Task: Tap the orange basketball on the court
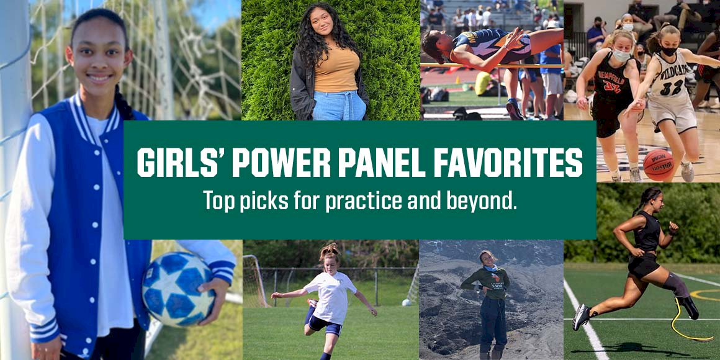click(x=658, y=164)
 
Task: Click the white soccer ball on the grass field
click(x=406, y=302)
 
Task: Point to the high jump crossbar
click(x=490, y=65)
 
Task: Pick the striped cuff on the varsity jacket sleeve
click(x=222, y=272)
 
